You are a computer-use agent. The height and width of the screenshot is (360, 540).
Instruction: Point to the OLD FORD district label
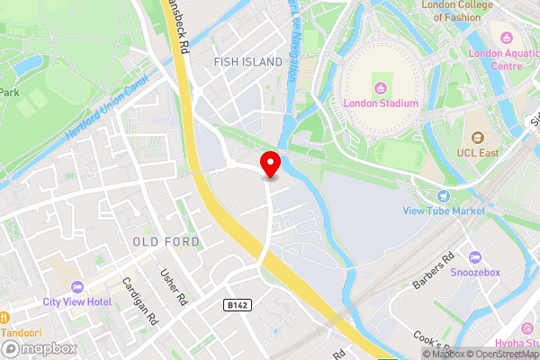[x=166, y=242]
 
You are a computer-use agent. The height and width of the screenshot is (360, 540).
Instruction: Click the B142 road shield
[x=236, y=306]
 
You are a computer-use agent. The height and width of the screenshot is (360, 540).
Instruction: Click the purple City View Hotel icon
[x=76, y=287]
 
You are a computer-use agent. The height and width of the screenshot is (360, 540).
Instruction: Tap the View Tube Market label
[x=444, y=211]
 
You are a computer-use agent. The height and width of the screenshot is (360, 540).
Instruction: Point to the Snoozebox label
[x=474, y=273]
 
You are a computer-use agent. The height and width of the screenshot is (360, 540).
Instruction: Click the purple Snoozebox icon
[x=474, y=258]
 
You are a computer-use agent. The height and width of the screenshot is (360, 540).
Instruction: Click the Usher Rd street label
[x=172, y=287]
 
